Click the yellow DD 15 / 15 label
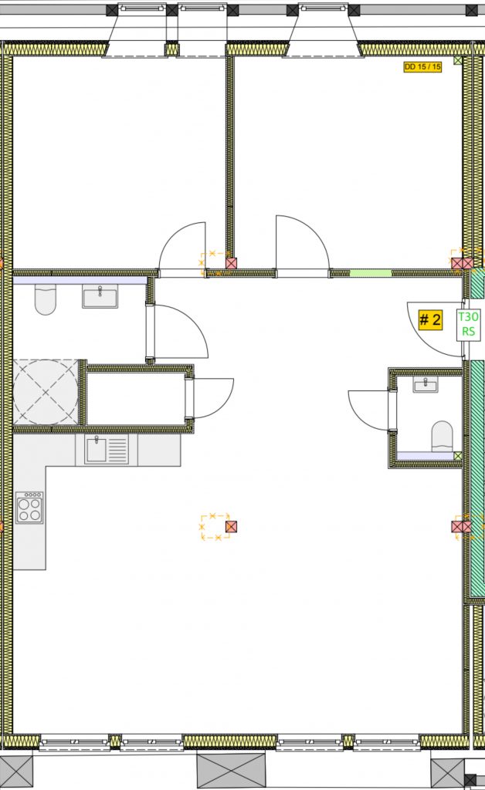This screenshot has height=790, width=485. [422, 66]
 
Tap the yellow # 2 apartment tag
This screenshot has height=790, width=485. [430, 319]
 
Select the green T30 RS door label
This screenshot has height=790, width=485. [468, 324]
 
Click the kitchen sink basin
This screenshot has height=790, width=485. [96, 450]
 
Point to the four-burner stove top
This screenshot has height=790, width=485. [29, 508]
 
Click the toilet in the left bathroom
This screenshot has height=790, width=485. [45, 299]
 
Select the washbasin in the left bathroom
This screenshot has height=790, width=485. [100, 295]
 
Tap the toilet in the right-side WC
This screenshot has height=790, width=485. [443, 437]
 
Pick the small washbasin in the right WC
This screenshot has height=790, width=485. [426, 384]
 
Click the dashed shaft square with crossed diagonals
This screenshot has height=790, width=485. [46, 392]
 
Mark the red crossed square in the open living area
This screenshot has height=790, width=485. [231, 527]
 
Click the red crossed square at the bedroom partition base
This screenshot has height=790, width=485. [232, 264]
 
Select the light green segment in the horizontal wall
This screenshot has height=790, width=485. [371, 273]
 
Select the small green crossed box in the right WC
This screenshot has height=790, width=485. [458, 456]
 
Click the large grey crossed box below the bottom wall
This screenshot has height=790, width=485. [231, 771]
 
